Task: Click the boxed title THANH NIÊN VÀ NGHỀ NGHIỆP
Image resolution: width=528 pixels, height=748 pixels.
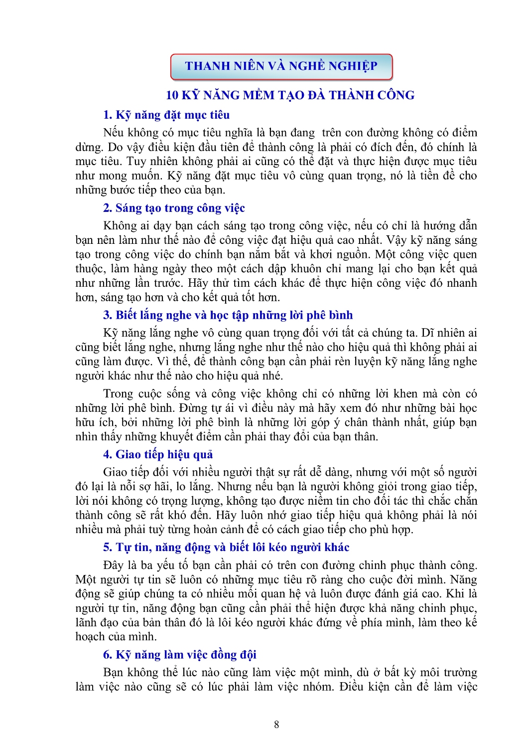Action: point(281,66)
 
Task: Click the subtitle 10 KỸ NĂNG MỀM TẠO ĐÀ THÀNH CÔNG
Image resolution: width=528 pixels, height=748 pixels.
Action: point(290,95)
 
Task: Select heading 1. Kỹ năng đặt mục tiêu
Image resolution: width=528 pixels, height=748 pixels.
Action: point(166,115)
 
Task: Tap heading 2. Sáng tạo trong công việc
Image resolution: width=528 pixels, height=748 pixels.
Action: point(174,208)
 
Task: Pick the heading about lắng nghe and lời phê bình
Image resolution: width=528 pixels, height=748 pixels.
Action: point(228,315)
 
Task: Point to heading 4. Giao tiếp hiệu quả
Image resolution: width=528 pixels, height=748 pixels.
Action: point(158,454)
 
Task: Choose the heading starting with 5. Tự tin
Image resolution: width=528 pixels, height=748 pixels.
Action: point(226,548)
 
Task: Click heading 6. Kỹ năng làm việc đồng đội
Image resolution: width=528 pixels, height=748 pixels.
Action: point(180,655)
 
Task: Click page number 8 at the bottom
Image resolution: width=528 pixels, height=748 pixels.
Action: point(276,725)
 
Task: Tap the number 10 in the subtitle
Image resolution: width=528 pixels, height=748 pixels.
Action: point(172,95)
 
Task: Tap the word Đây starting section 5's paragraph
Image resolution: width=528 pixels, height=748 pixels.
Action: point(114,565)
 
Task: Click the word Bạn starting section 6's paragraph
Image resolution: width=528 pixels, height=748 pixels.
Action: point(113,673)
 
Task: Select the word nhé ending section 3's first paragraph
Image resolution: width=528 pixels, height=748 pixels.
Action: point(273,376)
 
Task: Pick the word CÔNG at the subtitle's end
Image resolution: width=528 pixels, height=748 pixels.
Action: point(396,95)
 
